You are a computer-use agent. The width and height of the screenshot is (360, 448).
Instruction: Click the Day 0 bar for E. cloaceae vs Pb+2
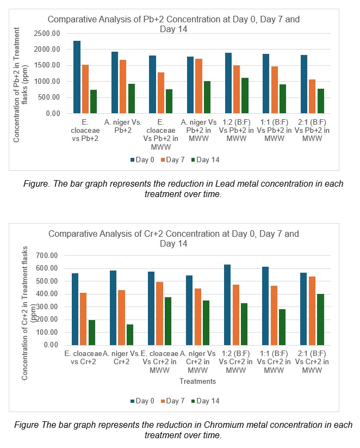tap(77, 77)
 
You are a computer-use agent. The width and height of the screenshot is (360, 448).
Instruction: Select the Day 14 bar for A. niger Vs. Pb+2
tap(132, 99)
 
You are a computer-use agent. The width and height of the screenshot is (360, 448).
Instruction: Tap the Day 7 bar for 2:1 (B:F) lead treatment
tap(312, 96)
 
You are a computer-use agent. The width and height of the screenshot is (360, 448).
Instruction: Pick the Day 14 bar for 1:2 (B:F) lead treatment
tap(245, 96)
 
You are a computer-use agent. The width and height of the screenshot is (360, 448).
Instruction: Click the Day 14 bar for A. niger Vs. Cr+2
tap(130, 335)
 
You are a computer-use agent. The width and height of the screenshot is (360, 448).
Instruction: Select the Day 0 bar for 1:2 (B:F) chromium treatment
tap(227, 305)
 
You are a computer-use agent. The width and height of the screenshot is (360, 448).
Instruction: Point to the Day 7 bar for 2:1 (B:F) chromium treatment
tap(312, 311)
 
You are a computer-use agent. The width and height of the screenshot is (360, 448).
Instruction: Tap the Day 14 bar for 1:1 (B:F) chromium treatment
tap(282, 327)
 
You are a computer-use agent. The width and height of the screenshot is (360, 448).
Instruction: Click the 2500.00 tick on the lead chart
tap(47, 33)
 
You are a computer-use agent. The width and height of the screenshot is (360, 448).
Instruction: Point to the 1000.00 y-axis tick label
tap(47, 82)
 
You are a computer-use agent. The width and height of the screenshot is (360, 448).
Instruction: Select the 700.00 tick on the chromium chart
tap(47, 255)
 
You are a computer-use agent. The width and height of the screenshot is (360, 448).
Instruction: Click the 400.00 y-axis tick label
tap(47, 294)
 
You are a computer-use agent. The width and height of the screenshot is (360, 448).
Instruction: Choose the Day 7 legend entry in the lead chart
tap(173, 159)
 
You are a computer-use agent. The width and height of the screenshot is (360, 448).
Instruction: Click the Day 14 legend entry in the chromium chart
tap(205, 401)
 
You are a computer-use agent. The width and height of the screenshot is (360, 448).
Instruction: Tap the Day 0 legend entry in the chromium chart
tap(142, 401)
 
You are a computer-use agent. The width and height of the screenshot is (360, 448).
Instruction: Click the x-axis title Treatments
tap(197, 381)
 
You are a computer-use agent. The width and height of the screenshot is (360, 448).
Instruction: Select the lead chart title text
tap(173, 24)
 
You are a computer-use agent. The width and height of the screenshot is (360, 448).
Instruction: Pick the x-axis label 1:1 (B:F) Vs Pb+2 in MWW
tap(274, 130)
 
